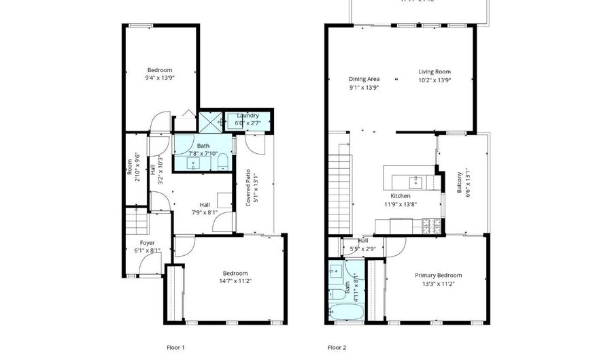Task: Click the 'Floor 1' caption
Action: coord(175,347)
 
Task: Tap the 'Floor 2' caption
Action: coord(337,347)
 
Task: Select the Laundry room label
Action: coord(247,116)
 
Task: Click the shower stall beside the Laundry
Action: coord(210,120)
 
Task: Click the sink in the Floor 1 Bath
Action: coord(192,163)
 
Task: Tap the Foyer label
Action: coord(147,243)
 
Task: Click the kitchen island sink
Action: coord(415,181)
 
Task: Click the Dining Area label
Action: coord(364,79)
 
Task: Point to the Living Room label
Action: coord(434,71)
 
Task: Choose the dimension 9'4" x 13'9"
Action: coord(160,78)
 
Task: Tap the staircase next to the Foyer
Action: coord(136,222)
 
